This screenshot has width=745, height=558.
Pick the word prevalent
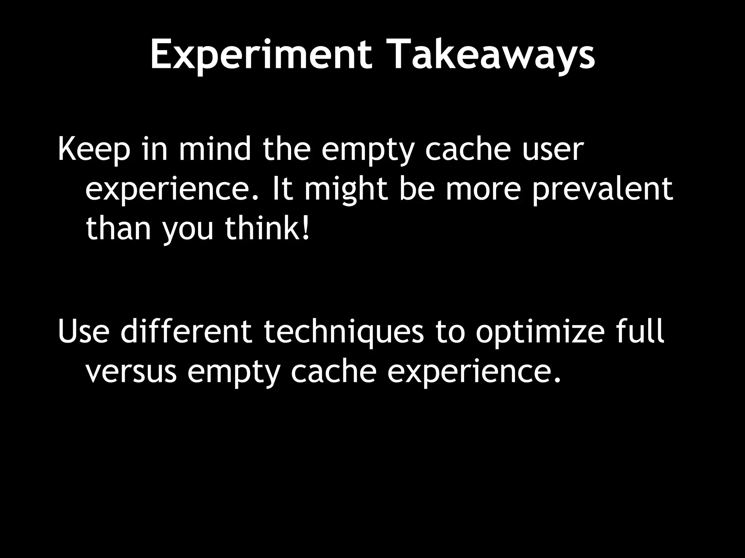pos(602,189)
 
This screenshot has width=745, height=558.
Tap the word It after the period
pos(282,189)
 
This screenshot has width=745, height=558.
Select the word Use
pos(83,331)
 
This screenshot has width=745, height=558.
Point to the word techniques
pos(343,331)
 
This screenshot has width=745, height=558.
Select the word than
pos(118,229)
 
